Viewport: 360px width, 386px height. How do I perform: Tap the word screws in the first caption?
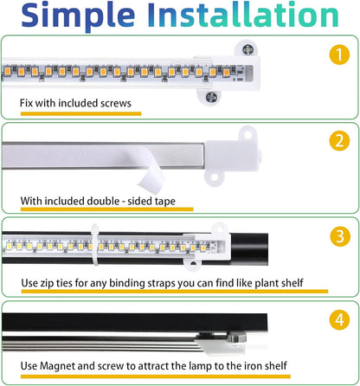pos(113,104)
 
